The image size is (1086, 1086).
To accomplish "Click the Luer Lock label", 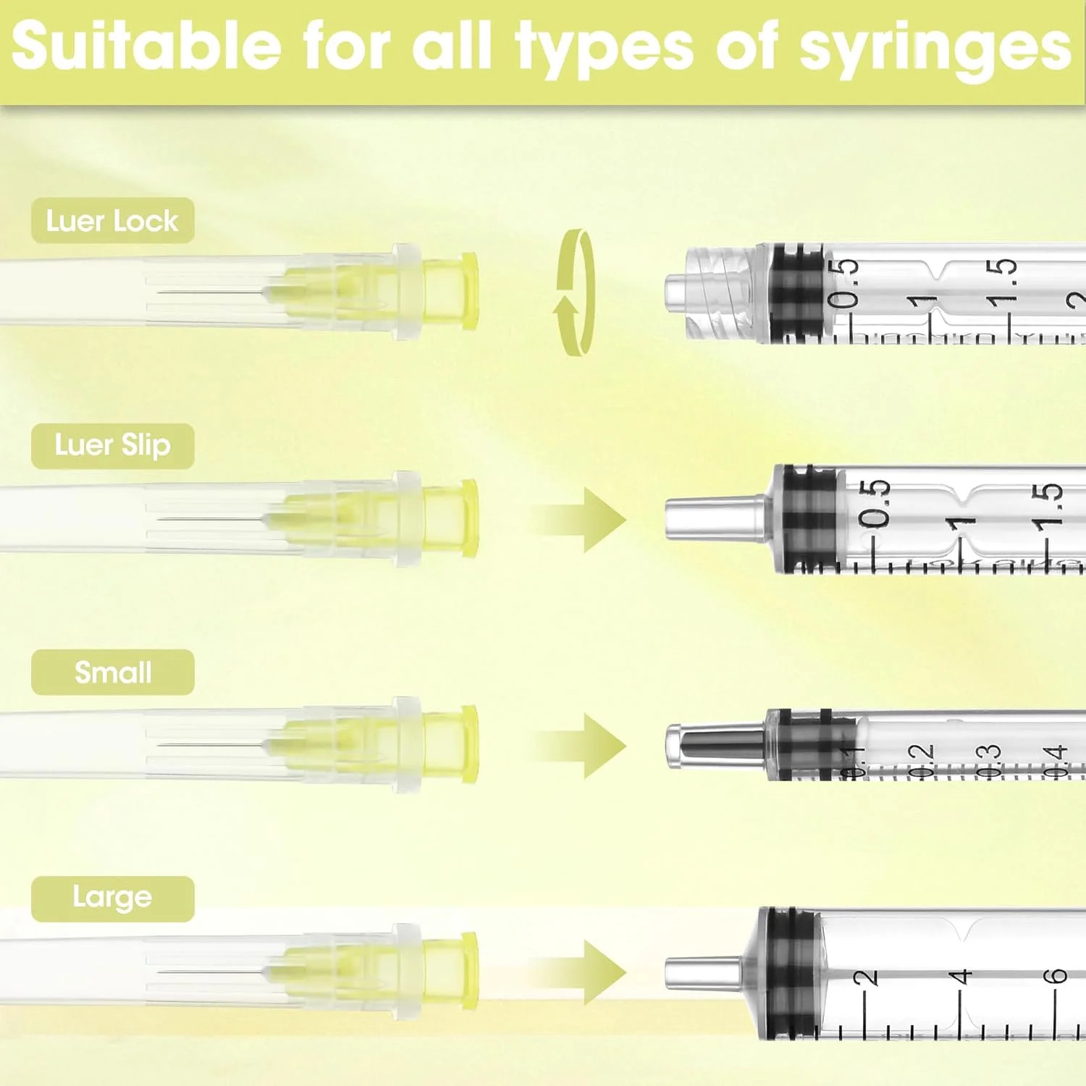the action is pos(112,220).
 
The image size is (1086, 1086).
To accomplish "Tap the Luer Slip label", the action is pos(112,445).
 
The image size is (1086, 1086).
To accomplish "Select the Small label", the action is pos(112,672).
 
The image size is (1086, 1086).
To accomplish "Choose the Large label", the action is pos(112,898).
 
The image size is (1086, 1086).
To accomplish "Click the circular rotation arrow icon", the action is pos(574,292).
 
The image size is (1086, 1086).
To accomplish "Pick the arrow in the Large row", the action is pos(578,972).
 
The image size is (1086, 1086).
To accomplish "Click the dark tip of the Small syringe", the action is pos(717,744).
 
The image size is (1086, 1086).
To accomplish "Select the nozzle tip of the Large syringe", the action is pos(703,972).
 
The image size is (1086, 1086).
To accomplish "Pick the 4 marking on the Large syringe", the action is pos(960,977).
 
